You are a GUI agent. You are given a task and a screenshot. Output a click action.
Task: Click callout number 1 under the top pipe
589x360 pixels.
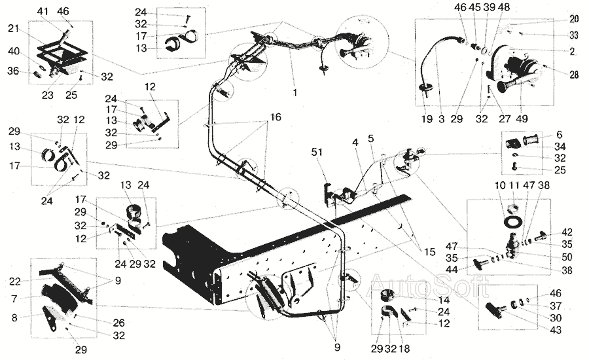[x=295, y=94]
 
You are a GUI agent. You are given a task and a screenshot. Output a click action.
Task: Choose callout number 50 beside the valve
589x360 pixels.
[x=567, y=257]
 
